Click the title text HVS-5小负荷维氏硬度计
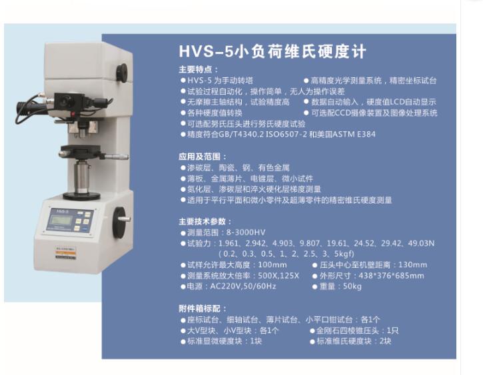pyautogui.click(x=273, y=52)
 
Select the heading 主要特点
pyautogui.click(x=198, y=69)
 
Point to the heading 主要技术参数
pyautogui.click(x=205, y=221)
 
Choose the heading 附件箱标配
pyautogui.click(x=203, y=308)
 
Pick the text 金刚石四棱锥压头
pyautogui.click(x=348, y=330)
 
